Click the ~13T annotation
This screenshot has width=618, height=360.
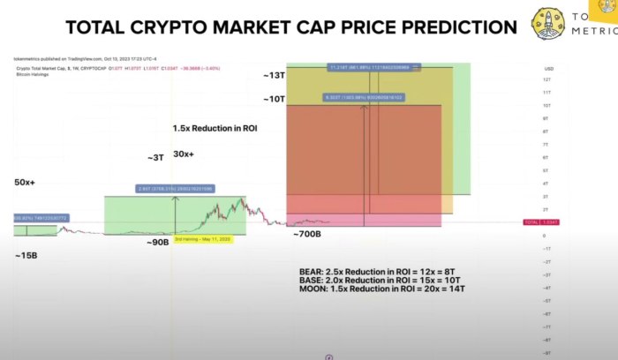[273, 76]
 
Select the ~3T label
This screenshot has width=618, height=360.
[154, 158]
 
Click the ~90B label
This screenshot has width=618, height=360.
[157, 243]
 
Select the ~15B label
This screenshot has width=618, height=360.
[26, 256]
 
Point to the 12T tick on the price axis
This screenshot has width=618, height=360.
[547, 79]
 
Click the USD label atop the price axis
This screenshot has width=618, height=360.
[548, 67]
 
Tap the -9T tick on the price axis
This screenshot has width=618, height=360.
[547, 353]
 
